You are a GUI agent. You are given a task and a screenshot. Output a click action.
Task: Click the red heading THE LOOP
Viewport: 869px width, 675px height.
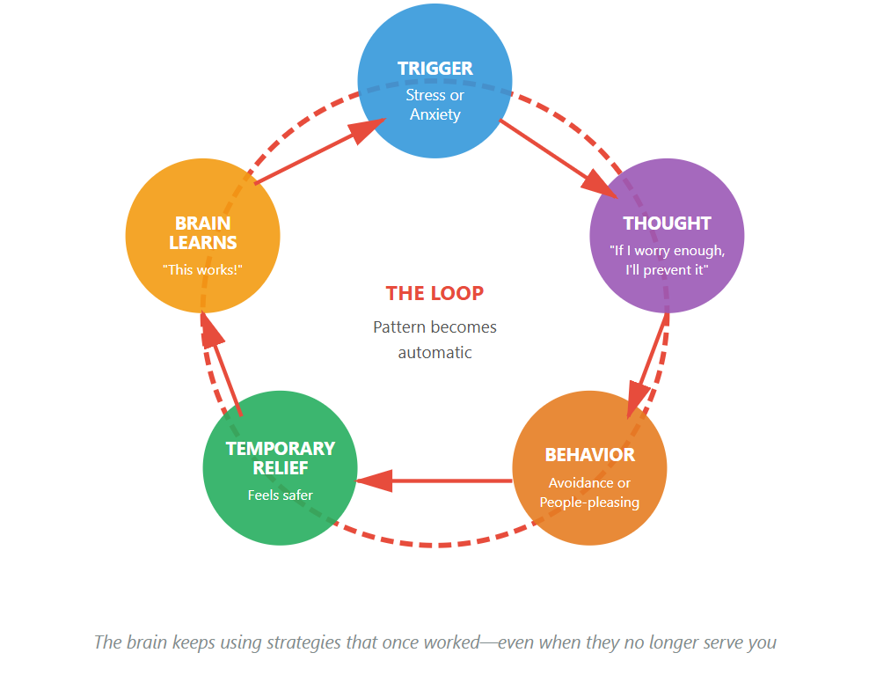coord(434,293)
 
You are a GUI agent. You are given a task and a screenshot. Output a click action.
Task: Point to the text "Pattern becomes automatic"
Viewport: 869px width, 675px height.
coord(434,340)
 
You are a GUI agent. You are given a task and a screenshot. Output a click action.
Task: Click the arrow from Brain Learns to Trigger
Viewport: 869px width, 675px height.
coord(317,151)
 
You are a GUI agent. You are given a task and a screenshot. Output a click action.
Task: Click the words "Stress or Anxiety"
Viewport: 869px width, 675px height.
coord(434,105)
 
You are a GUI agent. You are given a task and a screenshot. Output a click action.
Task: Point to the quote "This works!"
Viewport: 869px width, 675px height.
coord(202,269)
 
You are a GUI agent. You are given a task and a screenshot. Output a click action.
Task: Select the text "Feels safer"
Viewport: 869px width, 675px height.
coord(280,495)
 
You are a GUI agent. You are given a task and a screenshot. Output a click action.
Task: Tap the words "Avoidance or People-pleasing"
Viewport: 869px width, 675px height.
coord(589,493)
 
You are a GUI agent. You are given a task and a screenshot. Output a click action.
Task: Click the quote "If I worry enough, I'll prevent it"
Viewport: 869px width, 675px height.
coord(667,260)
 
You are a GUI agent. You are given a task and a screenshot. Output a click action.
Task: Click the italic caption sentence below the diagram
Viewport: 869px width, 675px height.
coord(434,642)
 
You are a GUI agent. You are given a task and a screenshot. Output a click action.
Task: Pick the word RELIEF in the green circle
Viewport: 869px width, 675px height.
coord(281,467)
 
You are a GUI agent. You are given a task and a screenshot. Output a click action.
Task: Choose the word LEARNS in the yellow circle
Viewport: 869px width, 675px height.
coord(203,242)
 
